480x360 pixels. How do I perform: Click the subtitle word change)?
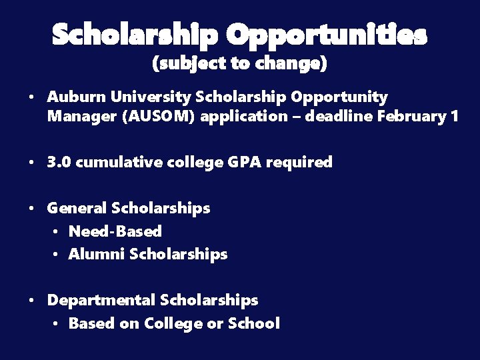(291, 64)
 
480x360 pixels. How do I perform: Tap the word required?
(299, 163)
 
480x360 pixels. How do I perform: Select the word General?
(77, 208)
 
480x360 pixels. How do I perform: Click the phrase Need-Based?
(115, 231)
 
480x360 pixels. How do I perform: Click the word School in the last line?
(253, 324)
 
